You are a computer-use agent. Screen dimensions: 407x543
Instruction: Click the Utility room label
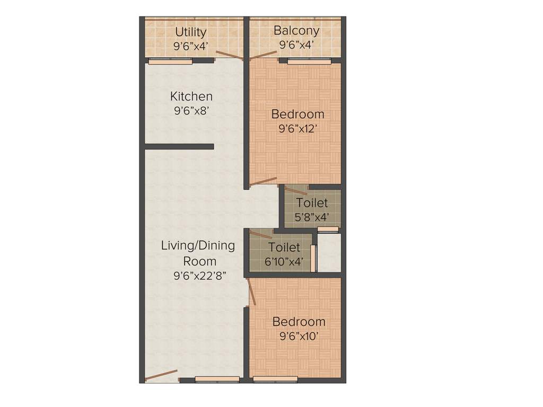tap(191, 32)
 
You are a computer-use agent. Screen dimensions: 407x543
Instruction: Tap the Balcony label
tap(296, 31)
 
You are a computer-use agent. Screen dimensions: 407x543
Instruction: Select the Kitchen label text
tap(191, 96)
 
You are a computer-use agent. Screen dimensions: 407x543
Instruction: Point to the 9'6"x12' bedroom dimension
tap(297, 128)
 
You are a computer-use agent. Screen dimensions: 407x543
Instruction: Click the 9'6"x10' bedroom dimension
tap(299, 335)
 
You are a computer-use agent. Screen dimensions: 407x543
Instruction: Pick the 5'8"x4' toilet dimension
tap(312, 216)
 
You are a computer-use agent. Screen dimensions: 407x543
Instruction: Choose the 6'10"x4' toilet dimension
tap(284, 261)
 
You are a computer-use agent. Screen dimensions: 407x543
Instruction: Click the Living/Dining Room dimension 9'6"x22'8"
tap(198, 276)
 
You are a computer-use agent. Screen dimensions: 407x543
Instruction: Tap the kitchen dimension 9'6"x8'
tap(191, 111)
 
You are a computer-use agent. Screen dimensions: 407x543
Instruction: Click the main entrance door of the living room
tap(161, 375)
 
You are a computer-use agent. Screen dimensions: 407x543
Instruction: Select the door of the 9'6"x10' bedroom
tap(251, 292)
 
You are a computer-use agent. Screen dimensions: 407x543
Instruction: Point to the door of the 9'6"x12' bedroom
tap(263, 181)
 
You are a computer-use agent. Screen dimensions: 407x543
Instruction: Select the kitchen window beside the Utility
tap(170, 61)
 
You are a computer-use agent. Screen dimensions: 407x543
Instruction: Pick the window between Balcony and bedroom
tap(309, 61)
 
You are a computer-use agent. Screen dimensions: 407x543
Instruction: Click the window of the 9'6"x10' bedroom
tap(275, 379)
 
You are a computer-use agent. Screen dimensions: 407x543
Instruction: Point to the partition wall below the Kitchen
tap(179, 147)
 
